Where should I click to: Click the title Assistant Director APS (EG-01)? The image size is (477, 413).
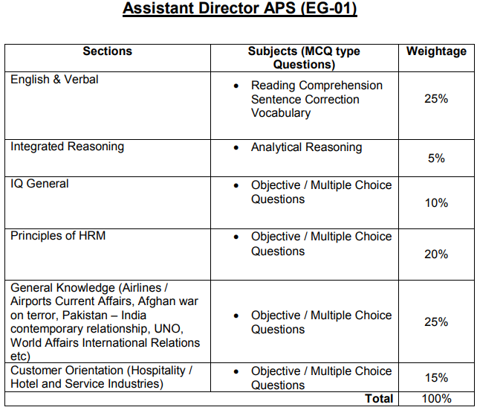pos(239,10)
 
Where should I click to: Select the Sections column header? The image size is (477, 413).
pos(107,51)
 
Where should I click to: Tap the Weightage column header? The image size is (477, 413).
pos(436,51)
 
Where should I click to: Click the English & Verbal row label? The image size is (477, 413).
pos(54,80)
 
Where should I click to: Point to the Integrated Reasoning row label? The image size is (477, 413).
pos(67,147)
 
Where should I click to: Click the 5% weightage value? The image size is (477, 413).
pos(436,159)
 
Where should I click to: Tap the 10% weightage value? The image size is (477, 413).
pos(436,202)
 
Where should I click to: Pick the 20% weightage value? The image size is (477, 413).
pos(436,254)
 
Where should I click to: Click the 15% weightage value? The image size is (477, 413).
pos(436,378)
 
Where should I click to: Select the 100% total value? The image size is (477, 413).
pos(436,400)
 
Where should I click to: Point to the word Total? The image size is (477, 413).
pos(379,400)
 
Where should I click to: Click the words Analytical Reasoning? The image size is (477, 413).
pos(306,147)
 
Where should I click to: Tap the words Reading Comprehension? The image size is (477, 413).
pos(317,86)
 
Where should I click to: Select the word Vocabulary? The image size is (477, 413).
pos(281,113)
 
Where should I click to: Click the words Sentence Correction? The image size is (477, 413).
pos(305,100)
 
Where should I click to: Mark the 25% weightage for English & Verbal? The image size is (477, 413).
pos(436,98)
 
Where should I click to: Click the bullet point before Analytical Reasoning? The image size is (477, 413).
pos(236,147)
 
